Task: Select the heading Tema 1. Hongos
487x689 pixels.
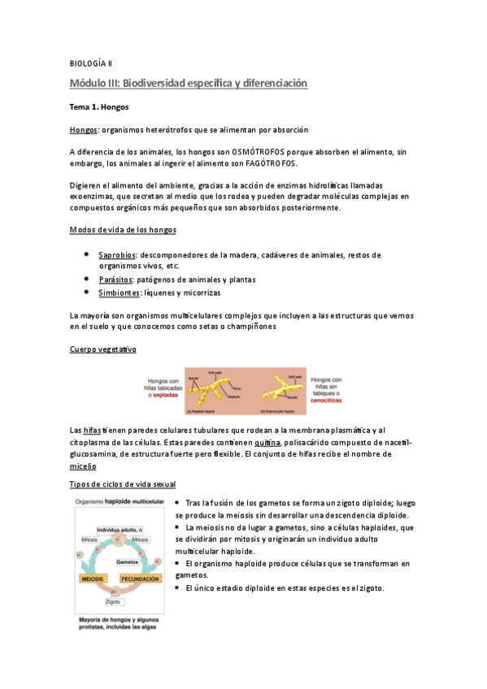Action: pyautogui.click(x=99, y=106)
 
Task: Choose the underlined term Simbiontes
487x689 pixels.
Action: pyautogui.click(x=118, y=292)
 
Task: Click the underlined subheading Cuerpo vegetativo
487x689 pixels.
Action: pyautogui.click(x=103, y=349)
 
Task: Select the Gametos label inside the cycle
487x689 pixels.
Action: pyautogui.click(x=127, y=562)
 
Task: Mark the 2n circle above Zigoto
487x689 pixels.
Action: pyautogui.click(x=115, y=590)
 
